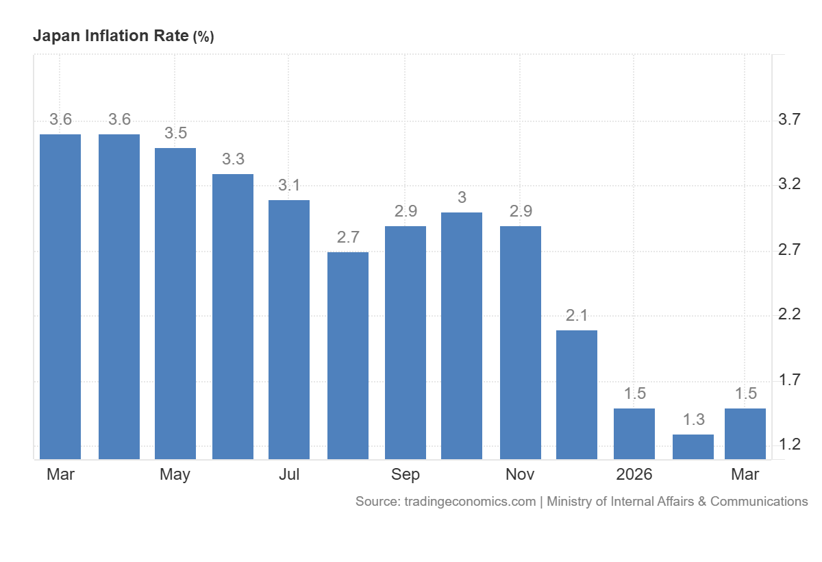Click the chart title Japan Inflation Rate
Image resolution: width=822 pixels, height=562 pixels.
tap(111, 36)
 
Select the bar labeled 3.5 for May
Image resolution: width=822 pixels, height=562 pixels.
tap(175, 304)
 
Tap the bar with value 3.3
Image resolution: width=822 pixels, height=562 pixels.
tap(233, 317)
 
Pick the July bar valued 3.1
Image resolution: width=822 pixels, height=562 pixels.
tap(289, 330)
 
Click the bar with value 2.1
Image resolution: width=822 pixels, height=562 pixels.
tap(577, 395)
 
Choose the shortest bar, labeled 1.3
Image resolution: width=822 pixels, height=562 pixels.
tap(693, 447)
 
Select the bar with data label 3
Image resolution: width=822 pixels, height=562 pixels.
tap(462, 336)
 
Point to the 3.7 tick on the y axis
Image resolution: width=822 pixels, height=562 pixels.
tap(789, 120)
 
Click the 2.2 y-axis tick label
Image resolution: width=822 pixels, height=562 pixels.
tap(789, 314)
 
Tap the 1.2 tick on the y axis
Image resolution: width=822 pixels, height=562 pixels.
tap(789, 445)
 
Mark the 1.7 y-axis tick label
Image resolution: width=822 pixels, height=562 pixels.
tap(789, 380)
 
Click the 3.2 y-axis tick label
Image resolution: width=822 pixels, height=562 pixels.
tap(789, 184)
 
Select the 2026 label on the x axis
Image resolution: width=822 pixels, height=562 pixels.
tap(634, 474)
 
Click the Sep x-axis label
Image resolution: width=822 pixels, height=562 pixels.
tap(406, 475)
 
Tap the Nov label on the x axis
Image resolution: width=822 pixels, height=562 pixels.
tap(520, 474)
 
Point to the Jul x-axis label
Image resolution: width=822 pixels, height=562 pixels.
tap(289, 474)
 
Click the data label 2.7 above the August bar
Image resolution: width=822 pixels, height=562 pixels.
tap(348, 237)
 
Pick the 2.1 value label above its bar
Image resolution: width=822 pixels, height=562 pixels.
tap(577, 315)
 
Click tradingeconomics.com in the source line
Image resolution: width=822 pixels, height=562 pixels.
tap(470, 502)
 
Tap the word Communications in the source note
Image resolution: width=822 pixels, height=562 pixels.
tap(759, 502)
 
